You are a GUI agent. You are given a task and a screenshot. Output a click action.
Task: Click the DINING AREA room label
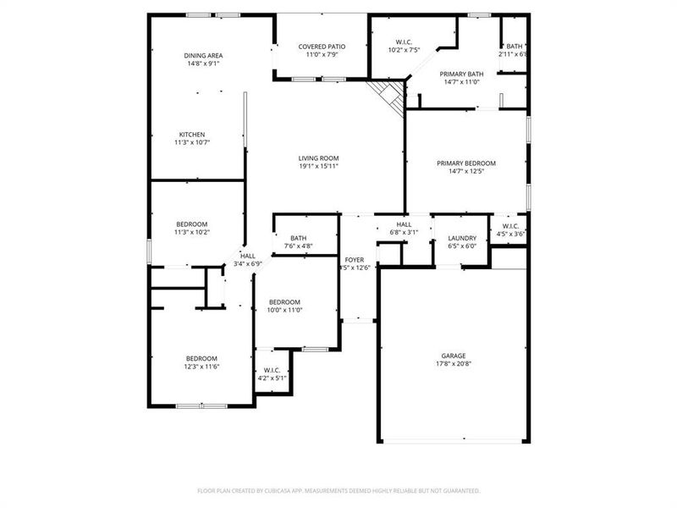point(203,55)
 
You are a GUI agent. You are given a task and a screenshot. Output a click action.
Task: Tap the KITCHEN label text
point(191,135)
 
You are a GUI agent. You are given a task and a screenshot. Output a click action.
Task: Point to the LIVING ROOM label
point(318,157)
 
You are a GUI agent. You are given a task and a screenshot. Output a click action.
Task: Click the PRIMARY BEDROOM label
point(465,163)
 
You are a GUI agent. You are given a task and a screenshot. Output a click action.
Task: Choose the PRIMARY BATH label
point(461,75)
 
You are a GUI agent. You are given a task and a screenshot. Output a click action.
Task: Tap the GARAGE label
point(453,356)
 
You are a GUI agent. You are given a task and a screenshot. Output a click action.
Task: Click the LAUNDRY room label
point(462,238)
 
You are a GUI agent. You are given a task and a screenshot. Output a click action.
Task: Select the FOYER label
point(354,260)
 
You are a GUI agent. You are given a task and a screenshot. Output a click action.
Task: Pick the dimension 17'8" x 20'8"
point(453,363)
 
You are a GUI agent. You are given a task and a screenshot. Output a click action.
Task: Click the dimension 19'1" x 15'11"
point(318,166)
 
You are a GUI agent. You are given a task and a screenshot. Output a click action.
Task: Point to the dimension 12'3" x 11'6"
point(202,366)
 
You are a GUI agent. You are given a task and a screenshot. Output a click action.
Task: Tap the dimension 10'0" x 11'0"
point(285,310)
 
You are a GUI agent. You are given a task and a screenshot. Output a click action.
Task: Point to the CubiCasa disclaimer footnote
point(338,490)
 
